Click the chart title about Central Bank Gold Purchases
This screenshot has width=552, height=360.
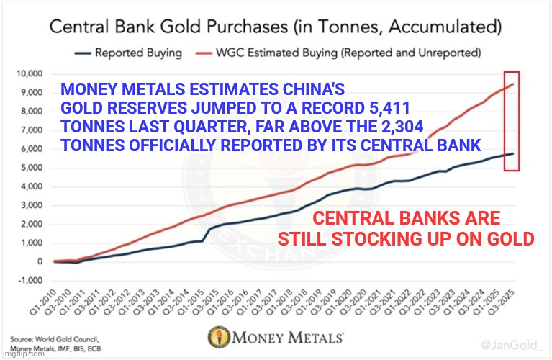click(x=276, y=28)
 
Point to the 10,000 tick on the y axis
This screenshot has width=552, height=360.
click(x=30, y=74)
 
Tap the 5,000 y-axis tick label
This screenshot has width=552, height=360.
click(x=32, y=168)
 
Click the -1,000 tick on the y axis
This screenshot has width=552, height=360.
click(x=30, y=281)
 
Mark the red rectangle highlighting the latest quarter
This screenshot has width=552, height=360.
click(x=511, y=121)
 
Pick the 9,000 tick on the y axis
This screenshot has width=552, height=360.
click(x=32, y=92)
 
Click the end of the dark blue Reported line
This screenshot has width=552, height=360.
click(x=512, y=153)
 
